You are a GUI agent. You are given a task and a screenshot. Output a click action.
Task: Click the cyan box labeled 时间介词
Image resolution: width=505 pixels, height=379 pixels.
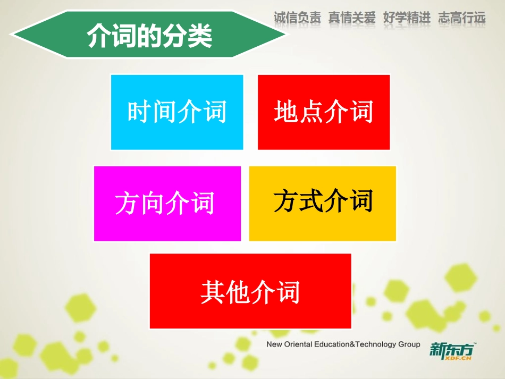(177, 112)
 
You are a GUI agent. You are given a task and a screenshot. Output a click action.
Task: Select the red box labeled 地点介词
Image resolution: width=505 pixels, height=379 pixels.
(324, 112)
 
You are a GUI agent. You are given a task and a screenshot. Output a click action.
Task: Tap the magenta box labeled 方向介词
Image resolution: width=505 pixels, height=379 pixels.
(167, 204)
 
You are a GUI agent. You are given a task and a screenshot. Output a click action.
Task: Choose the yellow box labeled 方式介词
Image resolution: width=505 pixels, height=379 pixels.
(323, 203)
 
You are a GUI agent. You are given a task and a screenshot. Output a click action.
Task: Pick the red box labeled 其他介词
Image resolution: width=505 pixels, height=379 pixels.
(250, 291)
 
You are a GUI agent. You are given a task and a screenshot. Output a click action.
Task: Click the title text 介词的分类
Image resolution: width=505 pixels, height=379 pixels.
(150, 37)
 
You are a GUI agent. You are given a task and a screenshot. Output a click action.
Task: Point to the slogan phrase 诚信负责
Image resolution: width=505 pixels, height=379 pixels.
(298, 18)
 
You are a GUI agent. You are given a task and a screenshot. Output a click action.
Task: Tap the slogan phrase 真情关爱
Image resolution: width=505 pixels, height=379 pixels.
(352, 18)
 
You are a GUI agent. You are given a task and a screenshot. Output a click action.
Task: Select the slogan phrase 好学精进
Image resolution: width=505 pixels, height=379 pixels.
(407, 18)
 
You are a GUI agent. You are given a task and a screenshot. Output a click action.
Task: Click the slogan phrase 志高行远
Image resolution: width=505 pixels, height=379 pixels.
(461, 18)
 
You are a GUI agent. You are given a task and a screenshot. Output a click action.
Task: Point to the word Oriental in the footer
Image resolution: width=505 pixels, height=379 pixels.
(301, 344)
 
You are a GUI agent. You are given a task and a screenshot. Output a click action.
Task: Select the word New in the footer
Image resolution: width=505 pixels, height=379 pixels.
(274, 344)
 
